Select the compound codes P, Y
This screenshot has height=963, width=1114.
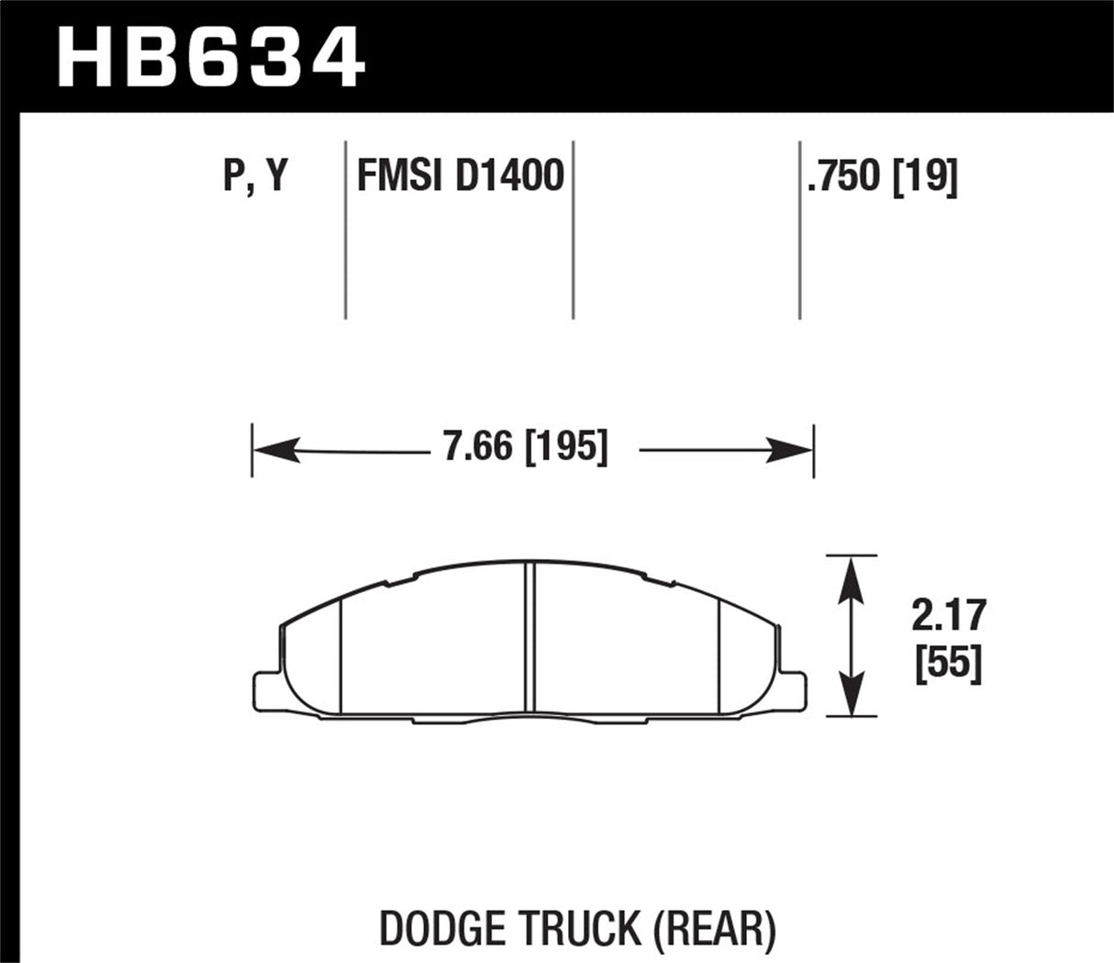click(255, 175)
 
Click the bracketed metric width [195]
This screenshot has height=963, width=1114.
click(565, 449)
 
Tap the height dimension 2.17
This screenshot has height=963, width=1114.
click(947, 616)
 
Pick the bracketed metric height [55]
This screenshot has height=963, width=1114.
click(948, 662)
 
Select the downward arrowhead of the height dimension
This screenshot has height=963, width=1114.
click(852, 695)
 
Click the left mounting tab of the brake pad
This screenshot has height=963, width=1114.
click(265, 689)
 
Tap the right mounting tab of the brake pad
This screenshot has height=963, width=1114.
click(796, 689)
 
